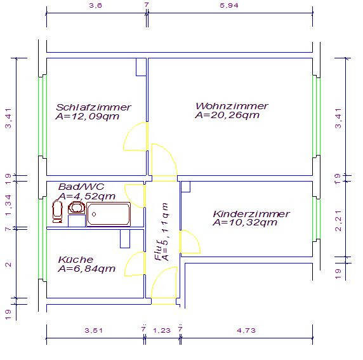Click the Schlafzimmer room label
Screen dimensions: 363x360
(93, 107)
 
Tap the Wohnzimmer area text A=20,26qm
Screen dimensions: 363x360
(227, 115)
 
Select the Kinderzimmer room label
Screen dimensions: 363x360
(251, 213)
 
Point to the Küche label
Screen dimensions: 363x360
(76, 260)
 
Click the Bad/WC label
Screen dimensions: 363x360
(81, 187)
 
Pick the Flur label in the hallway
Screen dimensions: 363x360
(159, 250)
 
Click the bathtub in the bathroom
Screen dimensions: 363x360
(109, 215)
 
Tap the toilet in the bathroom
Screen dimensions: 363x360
(57, 211)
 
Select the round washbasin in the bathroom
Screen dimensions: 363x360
(76, 208)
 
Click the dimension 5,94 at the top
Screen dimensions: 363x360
(229, 5)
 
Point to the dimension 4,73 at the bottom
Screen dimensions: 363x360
(246, 330)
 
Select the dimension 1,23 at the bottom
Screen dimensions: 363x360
(162, 330)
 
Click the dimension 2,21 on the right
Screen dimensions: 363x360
(338, 220)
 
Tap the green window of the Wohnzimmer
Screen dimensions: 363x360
(316, 117)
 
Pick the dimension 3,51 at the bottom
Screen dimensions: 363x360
(93, 330)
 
